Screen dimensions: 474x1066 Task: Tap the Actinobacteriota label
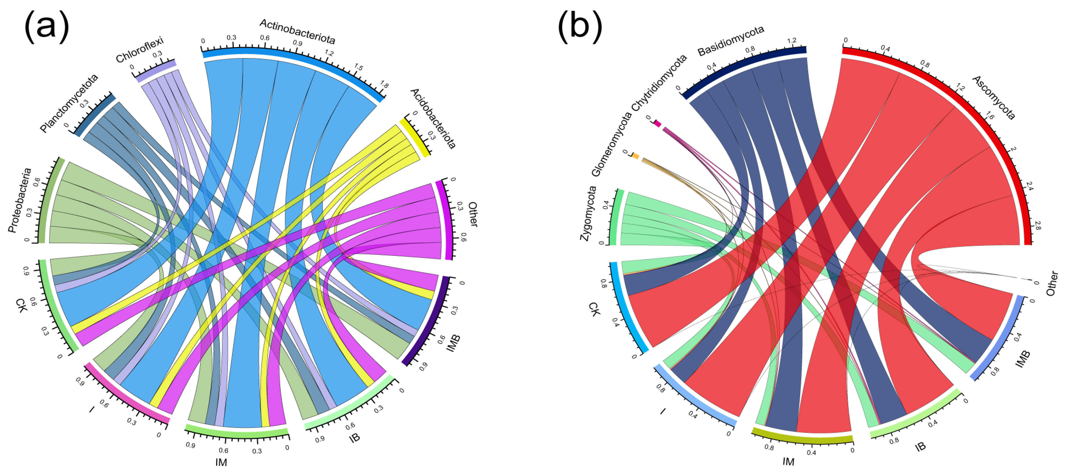[x=297, y=32]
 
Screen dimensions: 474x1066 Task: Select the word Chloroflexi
[x=140, y=49]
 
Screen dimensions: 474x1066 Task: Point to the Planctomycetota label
[x=69, y=103]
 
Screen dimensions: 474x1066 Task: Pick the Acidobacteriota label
[x=433, y=118]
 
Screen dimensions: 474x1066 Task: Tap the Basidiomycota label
[x=730, y=40]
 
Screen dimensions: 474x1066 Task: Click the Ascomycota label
[x=993, y=98]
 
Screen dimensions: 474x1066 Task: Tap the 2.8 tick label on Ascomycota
[x=1037, y=225]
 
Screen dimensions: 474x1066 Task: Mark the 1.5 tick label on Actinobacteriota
[x=358, y=67]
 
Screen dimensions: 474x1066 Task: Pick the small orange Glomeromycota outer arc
[x=636, y=156]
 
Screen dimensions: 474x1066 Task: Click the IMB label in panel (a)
[x=453, y=343]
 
